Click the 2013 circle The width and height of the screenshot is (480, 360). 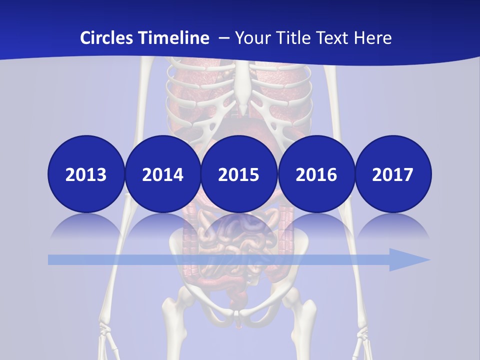(x=86, y=174)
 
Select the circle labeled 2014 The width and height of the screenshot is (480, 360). (x=162, y=174)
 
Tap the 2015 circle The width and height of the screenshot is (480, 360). (x=238, y=174)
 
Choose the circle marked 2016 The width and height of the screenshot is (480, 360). (x=316, y=174)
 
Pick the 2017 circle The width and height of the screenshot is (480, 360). (x=392, y=174)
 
